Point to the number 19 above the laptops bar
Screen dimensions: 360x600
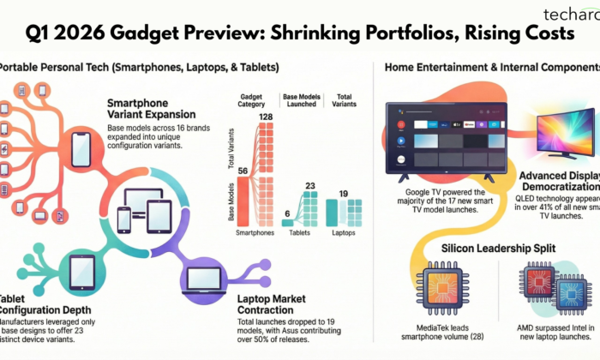[x=342, y=194]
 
